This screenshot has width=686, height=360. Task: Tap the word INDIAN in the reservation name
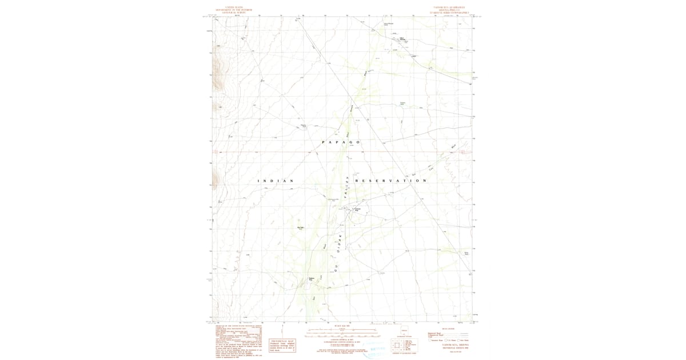276,181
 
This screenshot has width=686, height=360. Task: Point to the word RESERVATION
391,181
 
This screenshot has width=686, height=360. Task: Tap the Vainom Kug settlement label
357,210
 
